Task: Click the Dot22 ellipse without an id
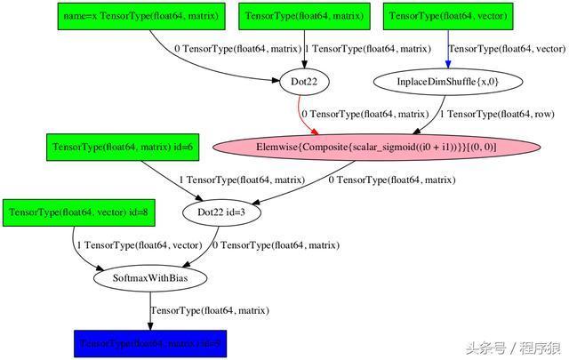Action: coord(305,81)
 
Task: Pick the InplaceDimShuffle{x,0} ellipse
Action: coord(447,81)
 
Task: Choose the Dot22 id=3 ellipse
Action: coord(221,212)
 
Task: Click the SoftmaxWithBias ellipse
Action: coord(150,277)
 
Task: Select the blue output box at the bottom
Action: coord(150,342)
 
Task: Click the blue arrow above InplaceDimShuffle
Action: coord(447,49)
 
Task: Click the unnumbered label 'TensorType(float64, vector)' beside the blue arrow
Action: coord(506,49)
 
